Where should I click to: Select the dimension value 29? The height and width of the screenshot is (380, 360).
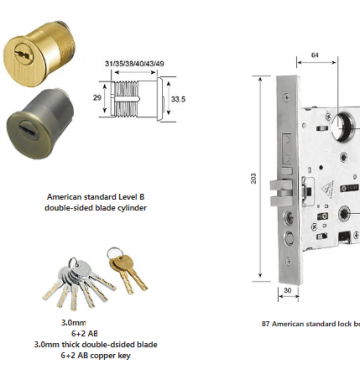click(x=97, y=98)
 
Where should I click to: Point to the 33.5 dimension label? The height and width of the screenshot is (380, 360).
click(x=178, y=99)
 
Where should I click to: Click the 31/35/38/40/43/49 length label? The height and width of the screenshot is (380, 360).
click(x=134, y=63)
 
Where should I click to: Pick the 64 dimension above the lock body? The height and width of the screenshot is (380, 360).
click(x=315, y=55)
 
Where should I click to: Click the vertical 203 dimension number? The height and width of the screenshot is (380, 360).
click(x=253, y=179)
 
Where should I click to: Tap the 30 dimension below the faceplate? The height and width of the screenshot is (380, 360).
click(x=287, y=290)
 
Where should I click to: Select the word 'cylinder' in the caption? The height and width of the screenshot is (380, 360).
click(x=132, y=208)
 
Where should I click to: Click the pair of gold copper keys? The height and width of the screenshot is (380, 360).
click(x=129, y=271)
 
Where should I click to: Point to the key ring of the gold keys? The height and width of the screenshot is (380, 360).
click(x=113, y=253)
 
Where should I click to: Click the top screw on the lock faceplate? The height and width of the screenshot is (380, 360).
click(x=287, y=97)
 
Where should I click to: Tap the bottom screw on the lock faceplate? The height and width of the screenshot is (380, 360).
click(x=288, y=262)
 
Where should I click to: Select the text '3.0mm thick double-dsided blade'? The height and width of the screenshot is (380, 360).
click(x=96, y=344)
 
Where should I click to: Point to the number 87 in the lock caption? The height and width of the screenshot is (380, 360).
click(x=266, y=324)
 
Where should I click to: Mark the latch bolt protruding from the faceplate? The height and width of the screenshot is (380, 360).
click(x=279, y=192)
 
